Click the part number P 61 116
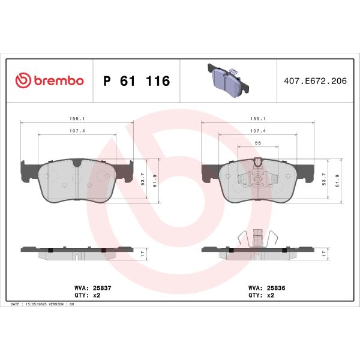(137, 81)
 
